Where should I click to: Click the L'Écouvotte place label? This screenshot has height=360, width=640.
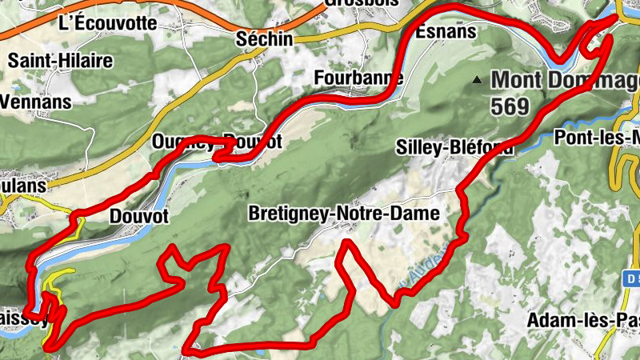coord(108,22)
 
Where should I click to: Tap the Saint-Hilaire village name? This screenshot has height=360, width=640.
coord(60,60)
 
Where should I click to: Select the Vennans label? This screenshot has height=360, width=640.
coord(36,102)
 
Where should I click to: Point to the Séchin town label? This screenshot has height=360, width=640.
coord(265,38)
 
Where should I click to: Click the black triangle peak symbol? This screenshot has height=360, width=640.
coord(478,80)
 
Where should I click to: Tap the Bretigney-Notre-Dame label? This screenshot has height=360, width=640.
coord(344,214)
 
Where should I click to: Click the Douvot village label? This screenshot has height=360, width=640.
coord(138,217)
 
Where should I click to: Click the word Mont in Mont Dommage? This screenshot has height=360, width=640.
coord(515,80)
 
